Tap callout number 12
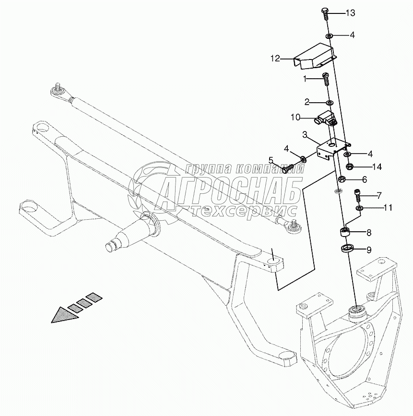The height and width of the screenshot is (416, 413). [x=275, y=59]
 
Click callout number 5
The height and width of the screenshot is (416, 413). [x=271, y=159]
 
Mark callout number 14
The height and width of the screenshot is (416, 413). [x=377, y=167]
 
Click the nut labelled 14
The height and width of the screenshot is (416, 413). [x=350, y=167]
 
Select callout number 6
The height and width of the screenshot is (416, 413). [x=364, y=179]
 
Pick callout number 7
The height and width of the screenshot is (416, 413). [x=378, y=195]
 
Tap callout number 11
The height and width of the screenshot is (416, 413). [x=388, y=208]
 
